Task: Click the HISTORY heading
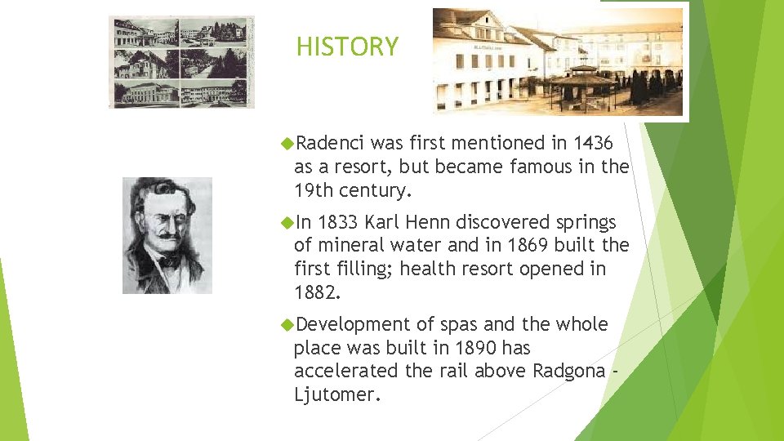[347, 47]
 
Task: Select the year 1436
[594, 144]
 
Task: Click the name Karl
[385, 223]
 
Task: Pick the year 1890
[474, 349]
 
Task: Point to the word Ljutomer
[336, 395]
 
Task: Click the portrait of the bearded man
[167, 235]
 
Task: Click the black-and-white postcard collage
[180, 61]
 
